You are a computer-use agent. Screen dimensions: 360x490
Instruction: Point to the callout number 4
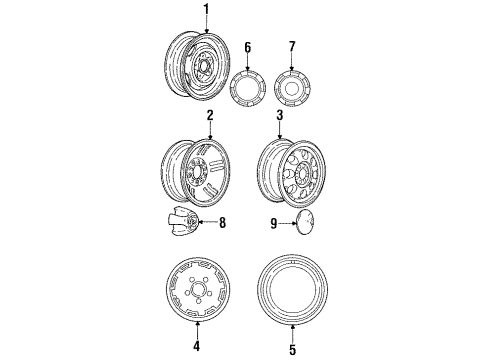196,347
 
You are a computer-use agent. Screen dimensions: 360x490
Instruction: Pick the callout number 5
292,347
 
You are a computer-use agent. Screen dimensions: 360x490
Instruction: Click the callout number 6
246,46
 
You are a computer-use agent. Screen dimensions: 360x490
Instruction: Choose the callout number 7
292,46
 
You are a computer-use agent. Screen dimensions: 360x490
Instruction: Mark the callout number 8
222,222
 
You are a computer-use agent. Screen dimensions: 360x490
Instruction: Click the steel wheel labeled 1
200,65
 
